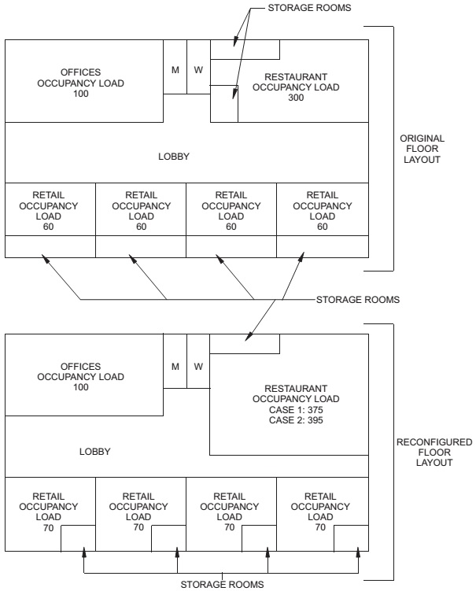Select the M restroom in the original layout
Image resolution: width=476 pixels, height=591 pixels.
point(175,70)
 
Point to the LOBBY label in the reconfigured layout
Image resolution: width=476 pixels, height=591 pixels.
point(94,452)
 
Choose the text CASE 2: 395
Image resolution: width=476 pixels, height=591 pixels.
point(294,420)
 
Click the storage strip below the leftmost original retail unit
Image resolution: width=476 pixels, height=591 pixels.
point(50,247)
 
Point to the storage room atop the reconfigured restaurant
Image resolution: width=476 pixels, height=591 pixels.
point(245,343)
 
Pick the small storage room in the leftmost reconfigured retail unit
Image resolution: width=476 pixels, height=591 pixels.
point(78,539)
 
